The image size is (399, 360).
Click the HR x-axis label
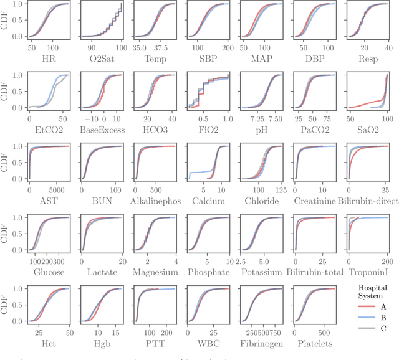(49, 59)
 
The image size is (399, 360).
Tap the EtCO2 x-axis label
(49, 130)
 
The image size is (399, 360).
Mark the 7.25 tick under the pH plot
(253, 118)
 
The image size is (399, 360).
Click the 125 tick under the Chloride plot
(281, 189)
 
